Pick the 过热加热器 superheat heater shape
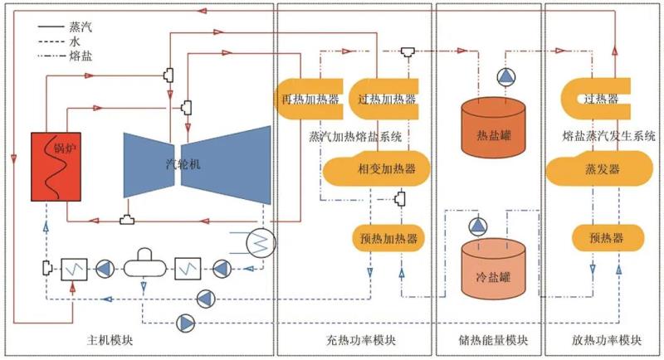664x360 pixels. click(x=383, y=100)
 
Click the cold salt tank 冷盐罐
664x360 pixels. click(x=494, y=268)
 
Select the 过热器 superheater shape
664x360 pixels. click(x=601, y=100)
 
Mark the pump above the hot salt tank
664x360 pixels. click(x=506, y=77)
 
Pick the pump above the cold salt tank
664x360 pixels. click(x=478, y=226)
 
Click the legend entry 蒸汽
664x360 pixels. click(x=82, y=27)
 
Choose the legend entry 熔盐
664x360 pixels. click(x=82, y=56)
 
